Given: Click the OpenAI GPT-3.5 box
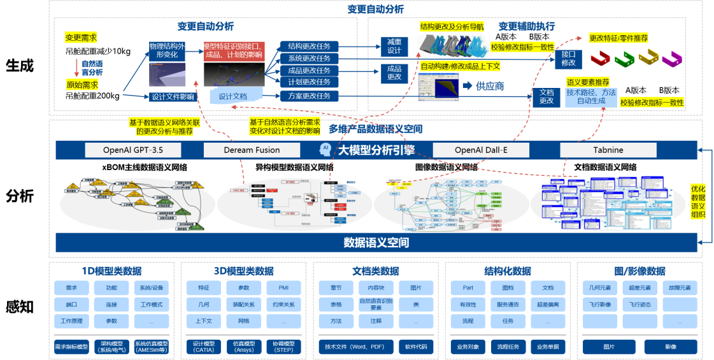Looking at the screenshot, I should [133, 150].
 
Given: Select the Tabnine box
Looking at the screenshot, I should [608, 150].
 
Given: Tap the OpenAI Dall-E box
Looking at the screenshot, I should [481, 150].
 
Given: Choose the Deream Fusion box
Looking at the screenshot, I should [252, 150].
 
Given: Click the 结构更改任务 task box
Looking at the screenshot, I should [310, 46].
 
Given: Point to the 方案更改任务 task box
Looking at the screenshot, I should [310, 96].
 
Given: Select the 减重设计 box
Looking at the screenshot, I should [394, 47].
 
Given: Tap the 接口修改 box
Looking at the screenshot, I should [568, 59].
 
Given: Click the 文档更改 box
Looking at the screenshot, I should [546, 97].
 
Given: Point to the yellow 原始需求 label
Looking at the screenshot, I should [82, 85].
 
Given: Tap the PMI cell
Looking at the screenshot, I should [283, 288].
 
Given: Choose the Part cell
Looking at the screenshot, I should [468, 288].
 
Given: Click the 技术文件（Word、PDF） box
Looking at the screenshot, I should [354, 347].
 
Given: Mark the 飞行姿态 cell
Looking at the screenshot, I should [640, 305].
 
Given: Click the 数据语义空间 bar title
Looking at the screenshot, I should [376, 243].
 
